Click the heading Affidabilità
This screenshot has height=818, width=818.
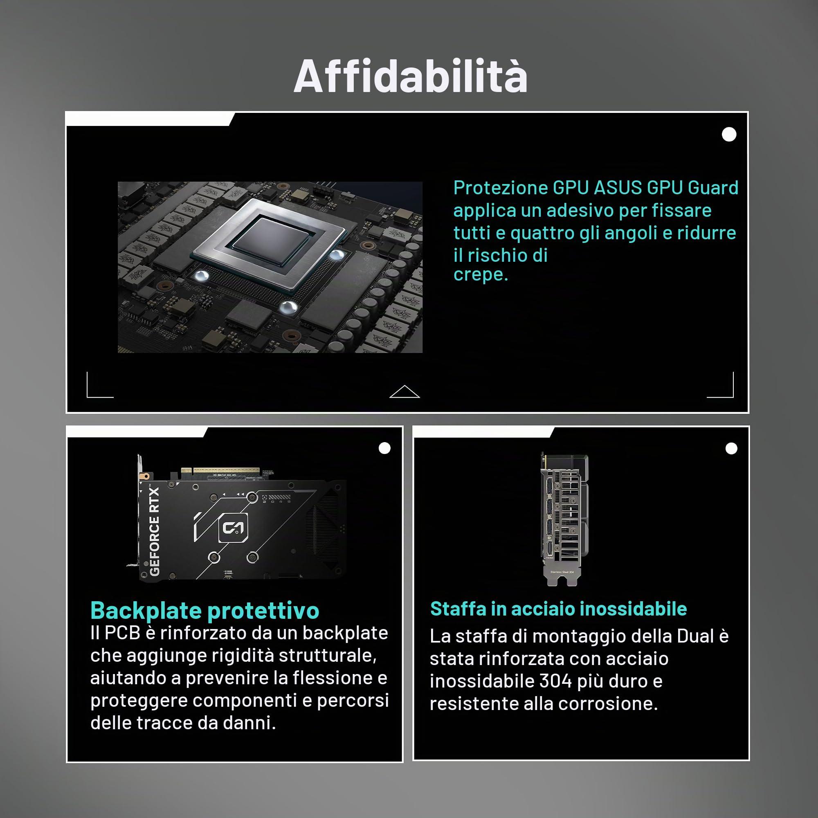411,76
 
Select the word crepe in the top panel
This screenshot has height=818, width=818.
480,275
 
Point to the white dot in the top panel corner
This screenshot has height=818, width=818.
729,135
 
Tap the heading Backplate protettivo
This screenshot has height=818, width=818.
205,611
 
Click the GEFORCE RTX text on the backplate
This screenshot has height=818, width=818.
155,531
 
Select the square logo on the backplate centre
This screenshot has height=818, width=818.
233,528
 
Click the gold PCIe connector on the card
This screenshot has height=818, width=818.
220,472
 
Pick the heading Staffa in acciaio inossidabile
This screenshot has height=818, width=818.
558,609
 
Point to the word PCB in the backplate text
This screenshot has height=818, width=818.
122,633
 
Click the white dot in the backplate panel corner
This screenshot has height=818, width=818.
384,448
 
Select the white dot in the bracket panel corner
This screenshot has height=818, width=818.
731,448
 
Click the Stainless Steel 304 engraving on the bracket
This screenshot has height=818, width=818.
562,572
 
